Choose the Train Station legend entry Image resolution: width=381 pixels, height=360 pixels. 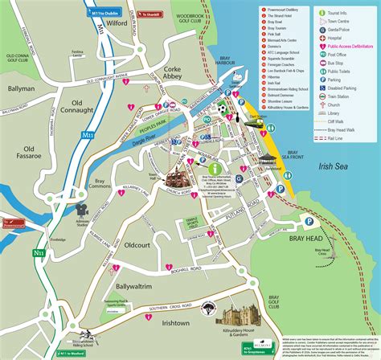click(x=348, y=95)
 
